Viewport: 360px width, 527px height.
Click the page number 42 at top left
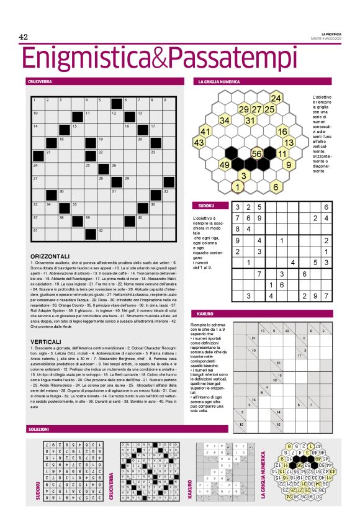tap(24, 38)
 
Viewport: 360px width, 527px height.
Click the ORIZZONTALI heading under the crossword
tap(52, 256)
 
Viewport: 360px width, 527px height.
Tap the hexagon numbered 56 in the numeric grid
tap(256, 153)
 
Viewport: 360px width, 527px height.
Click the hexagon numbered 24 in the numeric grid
tap(276, 99)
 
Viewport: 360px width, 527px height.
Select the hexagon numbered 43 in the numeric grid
tap(199, 143)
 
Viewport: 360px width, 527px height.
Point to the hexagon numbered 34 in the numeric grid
tap(225, 120)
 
